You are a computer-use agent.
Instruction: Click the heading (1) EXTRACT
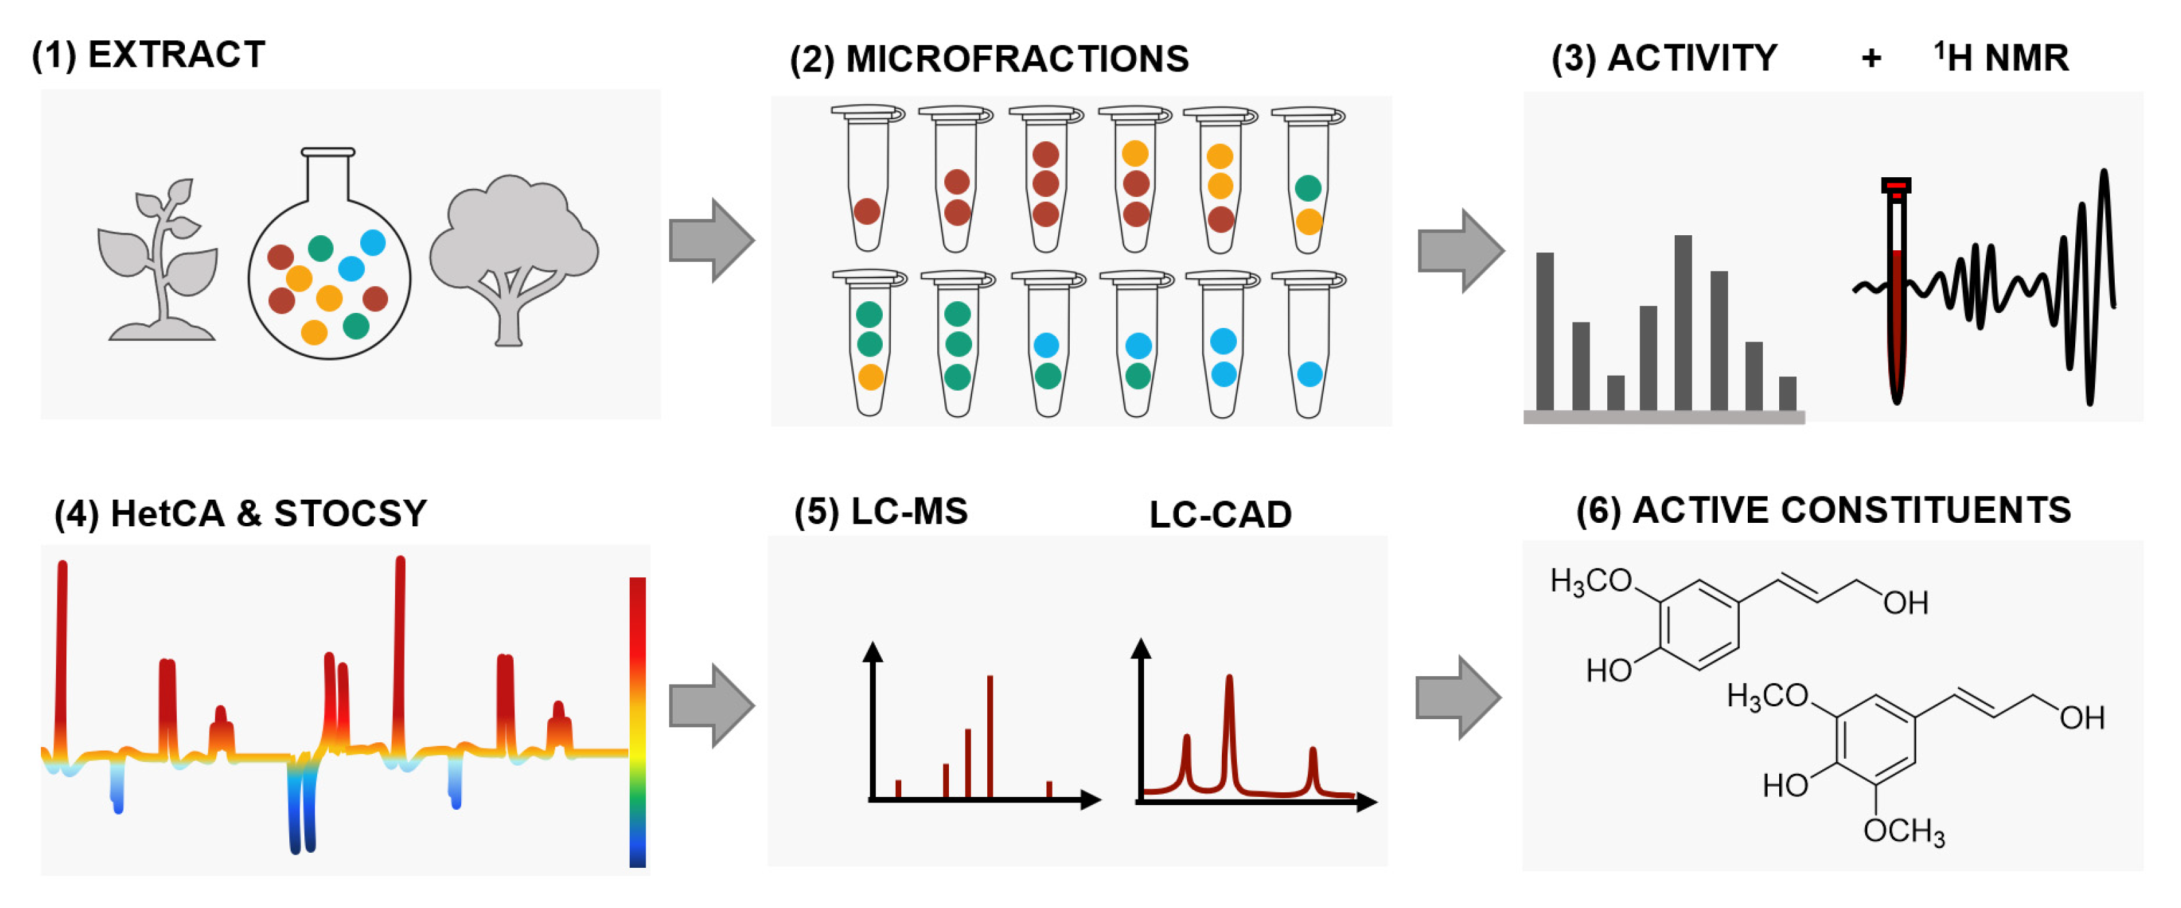point(148,55)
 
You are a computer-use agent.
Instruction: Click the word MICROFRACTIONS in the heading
point(1017,59)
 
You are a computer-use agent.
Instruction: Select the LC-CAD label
point(1220,515)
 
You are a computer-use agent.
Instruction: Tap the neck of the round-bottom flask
point(327,178)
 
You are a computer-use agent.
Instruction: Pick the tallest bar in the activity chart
point(1683,322)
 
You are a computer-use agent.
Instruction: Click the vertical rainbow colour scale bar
point(638,721)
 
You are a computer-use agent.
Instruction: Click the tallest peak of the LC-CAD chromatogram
point(1229,728)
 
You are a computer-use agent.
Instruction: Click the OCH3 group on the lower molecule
point(1903,831)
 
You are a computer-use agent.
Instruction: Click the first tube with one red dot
point(867,182)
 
